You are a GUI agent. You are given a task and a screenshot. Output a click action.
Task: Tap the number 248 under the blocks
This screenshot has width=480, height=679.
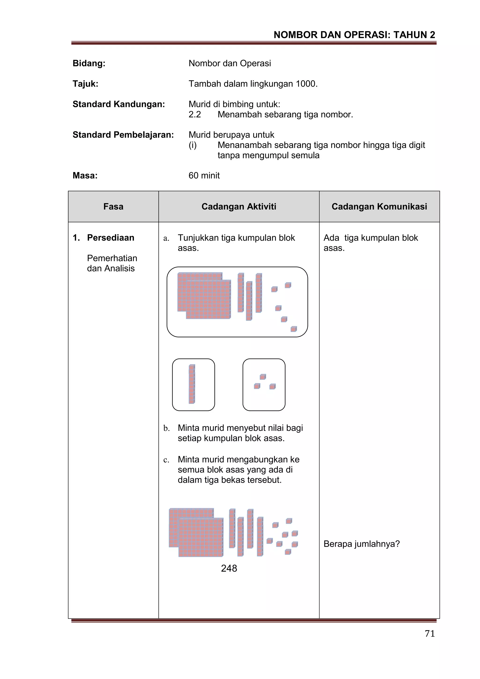coord(229,568)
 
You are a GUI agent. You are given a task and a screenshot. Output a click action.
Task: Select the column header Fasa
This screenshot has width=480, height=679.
coord(113,206)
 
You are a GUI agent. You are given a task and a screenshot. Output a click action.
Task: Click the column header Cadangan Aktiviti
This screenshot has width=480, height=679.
coord(239,206)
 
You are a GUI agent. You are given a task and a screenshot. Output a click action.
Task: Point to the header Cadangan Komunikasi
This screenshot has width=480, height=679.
coord(379,206)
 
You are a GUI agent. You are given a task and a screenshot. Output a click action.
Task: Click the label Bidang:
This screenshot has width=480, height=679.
coord(89,63)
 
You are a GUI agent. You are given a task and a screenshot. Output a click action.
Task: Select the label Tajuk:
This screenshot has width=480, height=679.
coord(85,84)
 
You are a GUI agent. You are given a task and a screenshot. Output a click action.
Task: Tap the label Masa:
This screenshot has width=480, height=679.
coord(85,175)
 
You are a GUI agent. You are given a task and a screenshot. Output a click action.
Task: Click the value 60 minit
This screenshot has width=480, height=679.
coord(204,175)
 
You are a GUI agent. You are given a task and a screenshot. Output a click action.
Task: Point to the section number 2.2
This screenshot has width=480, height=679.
coord(195,114)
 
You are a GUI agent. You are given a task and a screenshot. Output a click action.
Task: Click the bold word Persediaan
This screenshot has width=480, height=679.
coord(111,238)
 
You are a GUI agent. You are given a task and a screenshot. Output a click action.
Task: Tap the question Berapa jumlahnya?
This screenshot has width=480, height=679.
coord(361,544)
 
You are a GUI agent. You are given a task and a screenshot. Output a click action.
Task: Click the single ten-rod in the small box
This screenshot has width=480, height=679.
coord(192,384)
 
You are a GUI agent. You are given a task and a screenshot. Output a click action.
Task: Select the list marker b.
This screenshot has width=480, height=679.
coord(166,428)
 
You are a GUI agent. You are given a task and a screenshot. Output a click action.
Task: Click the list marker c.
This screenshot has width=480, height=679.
coord(166,460)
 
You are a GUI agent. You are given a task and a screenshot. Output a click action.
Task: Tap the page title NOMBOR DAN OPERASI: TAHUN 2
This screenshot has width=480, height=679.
coord(354,35)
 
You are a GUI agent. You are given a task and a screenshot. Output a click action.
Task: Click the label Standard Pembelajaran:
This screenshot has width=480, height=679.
coord(123,135)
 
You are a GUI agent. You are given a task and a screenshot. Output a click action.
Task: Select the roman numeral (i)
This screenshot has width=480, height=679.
coord(192,145)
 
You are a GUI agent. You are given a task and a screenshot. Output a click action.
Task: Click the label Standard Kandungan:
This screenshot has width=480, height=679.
coord(119,104)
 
